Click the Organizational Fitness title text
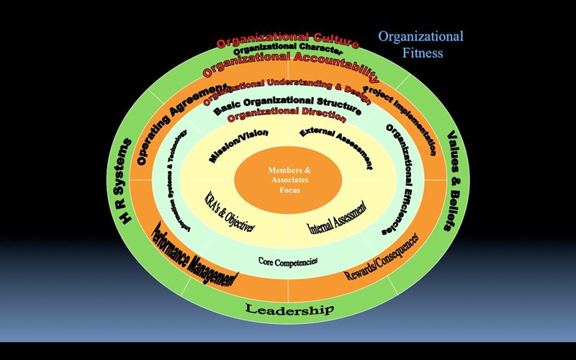(x=421, y=44)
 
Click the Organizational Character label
(x=288, y=50)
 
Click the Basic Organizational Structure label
(x=287, y=102)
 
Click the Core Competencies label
(x=288, y=261)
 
